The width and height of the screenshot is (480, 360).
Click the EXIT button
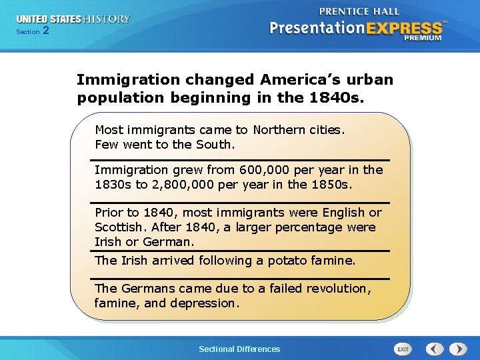[x=403, y=349]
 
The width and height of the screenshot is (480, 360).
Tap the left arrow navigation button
[x=435, y=349]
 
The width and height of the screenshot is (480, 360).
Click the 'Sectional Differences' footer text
[x=239, y=349]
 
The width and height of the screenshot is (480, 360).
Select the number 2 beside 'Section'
[x=45, y=31]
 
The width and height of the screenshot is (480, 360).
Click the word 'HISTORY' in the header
[x=106, y=19]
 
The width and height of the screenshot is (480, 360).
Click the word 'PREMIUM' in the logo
[x=422, y=38]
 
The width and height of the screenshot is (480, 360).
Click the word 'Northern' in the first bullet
[x=281, y=129]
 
